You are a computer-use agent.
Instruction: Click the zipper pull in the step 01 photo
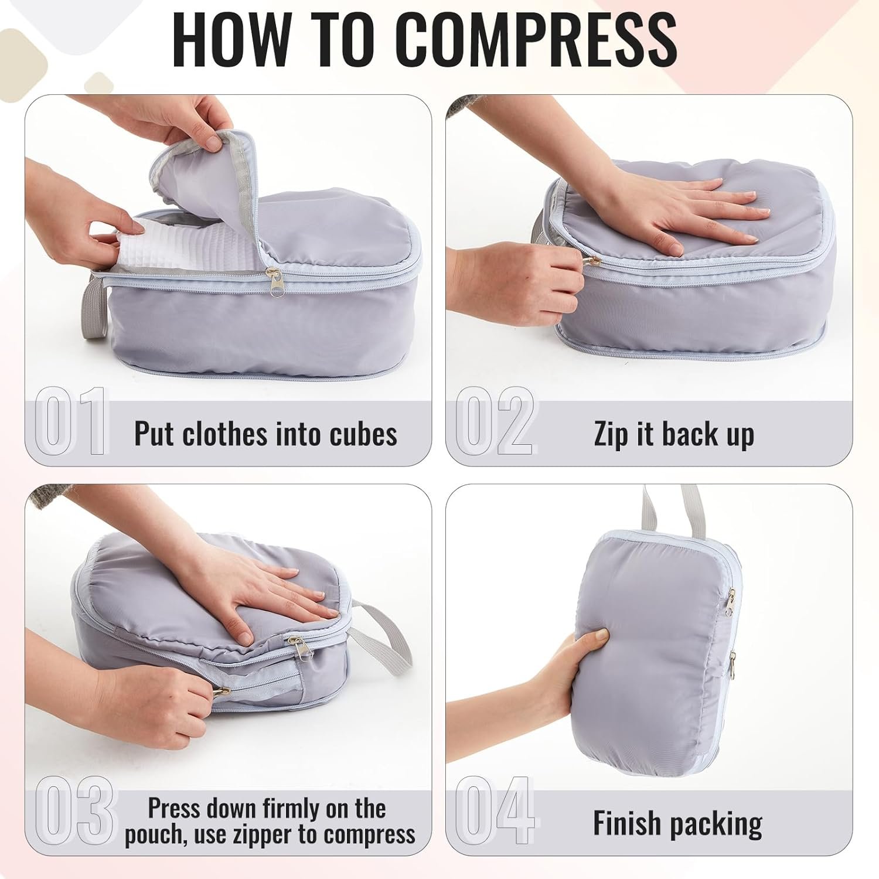coord(274,282)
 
